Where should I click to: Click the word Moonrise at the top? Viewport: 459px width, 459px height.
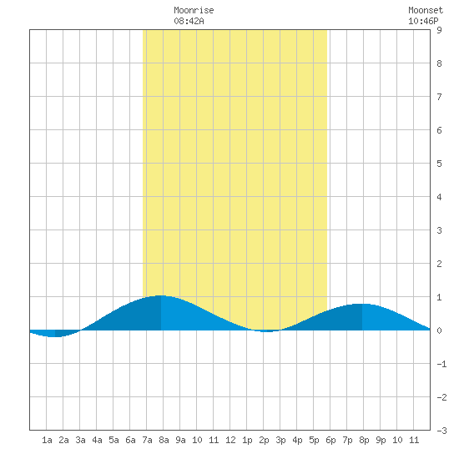coord(194,10)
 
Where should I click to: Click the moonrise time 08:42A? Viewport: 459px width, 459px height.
coord(189,21)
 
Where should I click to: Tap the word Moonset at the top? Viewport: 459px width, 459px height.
coord(426,10)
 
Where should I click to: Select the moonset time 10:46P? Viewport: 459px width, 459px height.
coord(423,21)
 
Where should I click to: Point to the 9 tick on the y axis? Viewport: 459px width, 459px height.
coord(439,30)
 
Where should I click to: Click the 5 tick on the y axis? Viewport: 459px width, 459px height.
coord(439,164)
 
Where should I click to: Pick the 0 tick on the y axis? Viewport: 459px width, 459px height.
coord(439,330)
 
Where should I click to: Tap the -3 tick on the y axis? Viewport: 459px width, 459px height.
coord(441,431)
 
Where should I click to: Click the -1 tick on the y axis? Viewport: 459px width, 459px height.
coord(441,364)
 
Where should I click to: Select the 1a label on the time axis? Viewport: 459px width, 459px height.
coord(47,440)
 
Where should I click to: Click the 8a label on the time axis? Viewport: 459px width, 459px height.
coord(164,440)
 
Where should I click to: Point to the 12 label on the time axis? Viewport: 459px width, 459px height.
coord(230,440)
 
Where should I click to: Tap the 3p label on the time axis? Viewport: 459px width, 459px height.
coord(280,440)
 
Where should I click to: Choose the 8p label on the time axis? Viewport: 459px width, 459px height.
coord(364,440)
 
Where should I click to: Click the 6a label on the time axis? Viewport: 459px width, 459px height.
coord(130,440)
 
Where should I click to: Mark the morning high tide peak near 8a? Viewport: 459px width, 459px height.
coord(161,295)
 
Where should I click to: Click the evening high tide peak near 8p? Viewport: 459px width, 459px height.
coord(362,304)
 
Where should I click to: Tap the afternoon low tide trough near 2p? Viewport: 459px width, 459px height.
coord(267,331)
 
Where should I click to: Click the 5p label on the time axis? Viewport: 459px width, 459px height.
coord(314,440)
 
